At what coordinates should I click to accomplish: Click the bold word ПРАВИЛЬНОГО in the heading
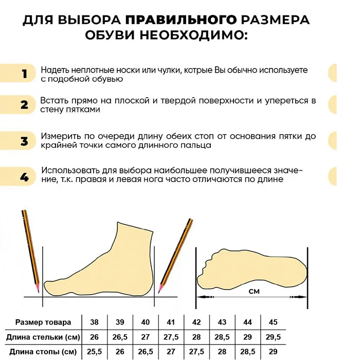182,21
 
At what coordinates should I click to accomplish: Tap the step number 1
24,74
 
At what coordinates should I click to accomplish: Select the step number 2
24,105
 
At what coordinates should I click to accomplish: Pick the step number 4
24,177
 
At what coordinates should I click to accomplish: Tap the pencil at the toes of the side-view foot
176,255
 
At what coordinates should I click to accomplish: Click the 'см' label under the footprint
254,292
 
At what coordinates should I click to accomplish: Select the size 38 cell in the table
95,322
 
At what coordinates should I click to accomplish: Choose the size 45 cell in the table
273,322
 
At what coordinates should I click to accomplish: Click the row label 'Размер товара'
43,322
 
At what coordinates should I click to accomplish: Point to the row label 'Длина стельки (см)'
43,337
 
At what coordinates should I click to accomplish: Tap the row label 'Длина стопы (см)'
43,352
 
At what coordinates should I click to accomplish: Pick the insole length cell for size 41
171,337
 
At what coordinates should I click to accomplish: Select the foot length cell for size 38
95,352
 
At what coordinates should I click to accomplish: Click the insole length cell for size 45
273,337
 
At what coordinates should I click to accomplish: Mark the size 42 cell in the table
196,322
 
